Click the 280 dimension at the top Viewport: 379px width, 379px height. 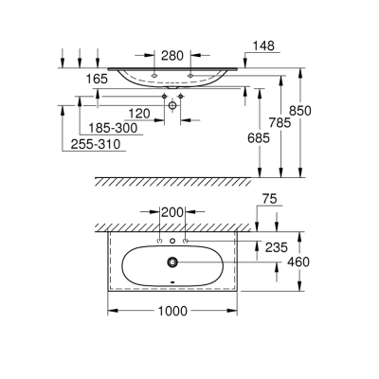tap(171, 56)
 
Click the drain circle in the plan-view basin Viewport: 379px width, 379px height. tap(171, 262)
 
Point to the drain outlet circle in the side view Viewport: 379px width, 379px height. tap(173, 108)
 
